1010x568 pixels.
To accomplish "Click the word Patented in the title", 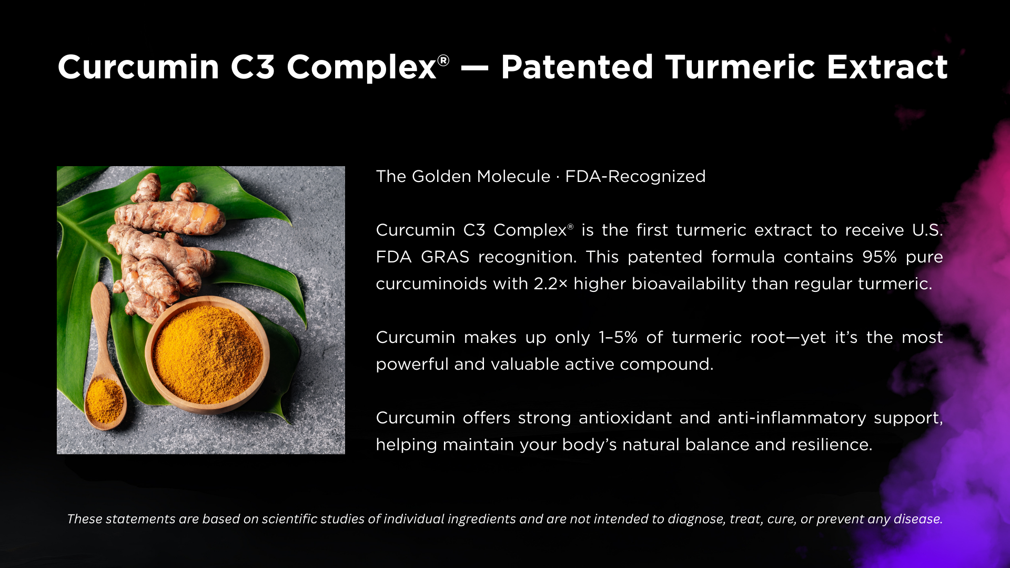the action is pyautogui.click(x=577, y=67).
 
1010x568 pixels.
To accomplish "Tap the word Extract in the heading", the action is pyautogui.click(x=887, y=67).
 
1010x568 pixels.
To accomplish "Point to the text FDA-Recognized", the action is pyautogui.click(x=635, y=176).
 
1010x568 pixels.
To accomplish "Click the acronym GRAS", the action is pyautogui.click(x=445, y=257).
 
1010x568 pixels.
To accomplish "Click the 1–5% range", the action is pyautogui.click(x=618, y=337).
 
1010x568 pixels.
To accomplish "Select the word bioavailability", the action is pyautogui.click(x=688, y=283).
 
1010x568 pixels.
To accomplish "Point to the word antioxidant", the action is pyautogui.click(x=625, y=418).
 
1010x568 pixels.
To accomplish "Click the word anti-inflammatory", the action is pyautogui.click(x=792, y=418).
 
